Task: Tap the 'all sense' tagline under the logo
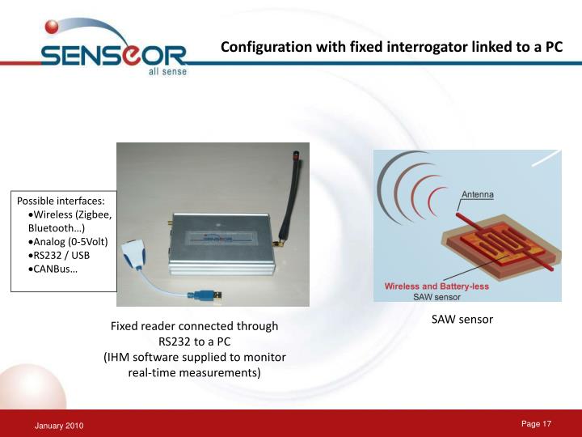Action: pos(167,71)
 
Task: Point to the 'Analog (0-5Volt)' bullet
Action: pos(67,242)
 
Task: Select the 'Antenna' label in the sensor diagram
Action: pos(477,194)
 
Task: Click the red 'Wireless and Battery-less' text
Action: pos(433,286)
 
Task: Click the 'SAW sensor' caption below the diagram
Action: pos(462,320)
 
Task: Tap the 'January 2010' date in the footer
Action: pos(58,426)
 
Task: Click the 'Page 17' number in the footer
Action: pos(536,424)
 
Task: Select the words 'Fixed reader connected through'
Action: pos(194,326)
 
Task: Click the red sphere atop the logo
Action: pos(53,28)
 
